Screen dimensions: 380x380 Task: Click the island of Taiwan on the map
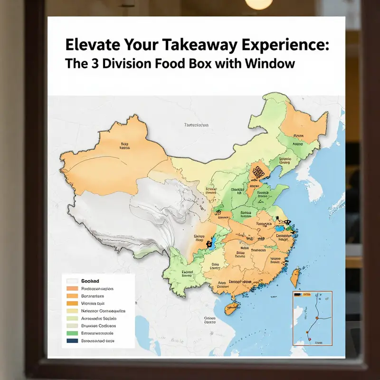point(295,278)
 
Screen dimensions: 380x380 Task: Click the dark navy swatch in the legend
point(72,341)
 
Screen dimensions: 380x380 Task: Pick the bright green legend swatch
point(72,333)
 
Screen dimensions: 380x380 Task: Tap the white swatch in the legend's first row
point(72,281)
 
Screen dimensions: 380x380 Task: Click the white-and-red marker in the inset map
point(308,338)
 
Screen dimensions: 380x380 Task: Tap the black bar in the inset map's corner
point(298,295)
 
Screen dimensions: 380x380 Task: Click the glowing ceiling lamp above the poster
point(259,4)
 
